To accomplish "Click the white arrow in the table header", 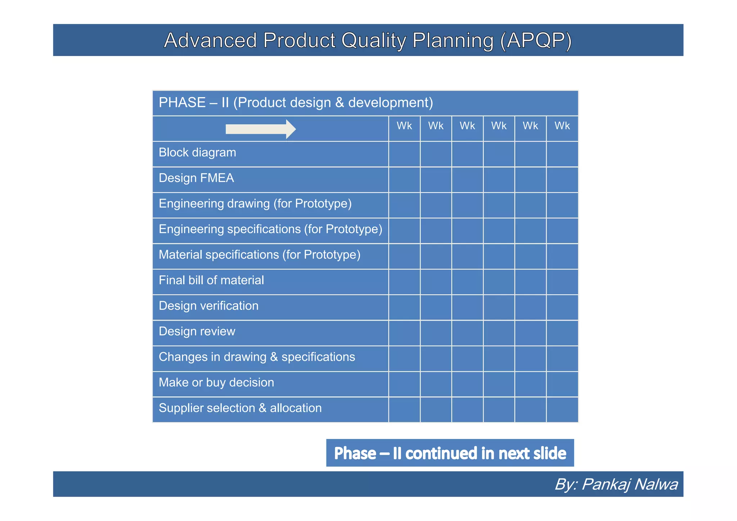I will (x=260, y=129).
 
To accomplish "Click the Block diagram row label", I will (x=197, y=153).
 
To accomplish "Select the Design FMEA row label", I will (x=196, y=178).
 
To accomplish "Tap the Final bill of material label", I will (x=211, y=280).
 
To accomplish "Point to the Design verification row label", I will (x=208, y=306).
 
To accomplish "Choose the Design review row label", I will (x=197, y=331).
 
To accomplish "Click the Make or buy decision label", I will (x=216, y=382).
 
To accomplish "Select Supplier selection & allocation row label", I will (x=240, y=408).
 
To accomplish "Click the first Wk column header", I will (x=404, y=126).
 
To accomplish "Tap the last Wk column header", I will (x=562, y=126).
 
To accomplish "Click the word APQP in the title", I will (x=535, y=40).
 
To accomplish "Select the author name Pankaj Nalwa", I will (x=629, y=484).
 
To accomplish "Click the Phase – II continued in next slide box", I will (x=450, y=453).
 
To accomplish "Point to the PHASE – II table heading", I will (x=295, y=103).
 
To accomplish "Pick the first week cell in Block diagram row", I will (x=404, y=154).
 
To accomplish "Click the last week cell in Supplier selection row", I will (x=562, y=409).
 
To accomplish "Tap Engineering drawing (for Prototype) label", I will (x=255, y=204).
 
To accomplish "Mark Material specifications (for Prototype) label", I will (x=259, y=255).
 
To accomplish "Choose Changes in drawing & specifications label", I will (x=257, y=357).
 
